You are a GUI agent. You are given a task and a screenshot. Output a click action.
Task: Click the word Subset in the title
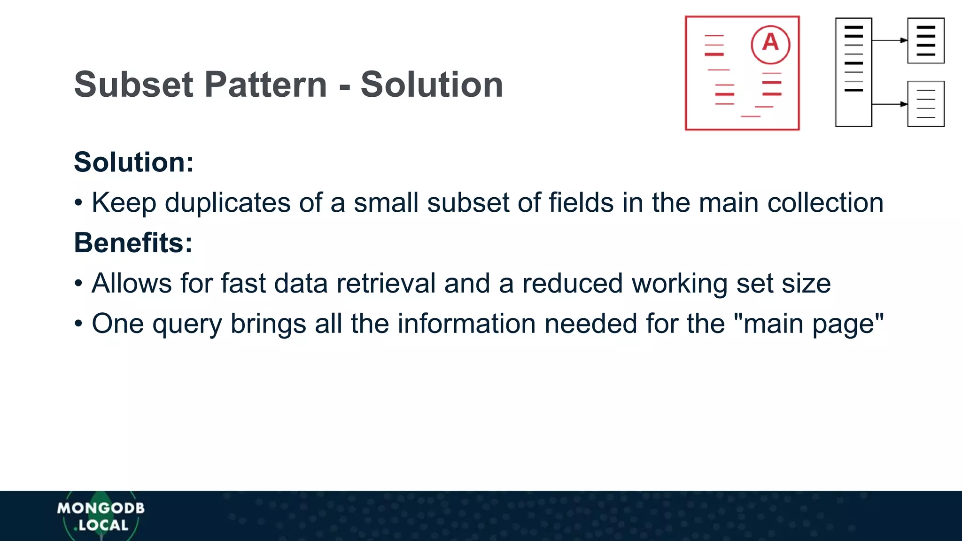pyautogui.click(x=133, y=85)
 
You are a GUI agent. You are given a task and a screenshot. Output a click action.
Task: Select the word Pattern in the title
pyautogui.click(x=266, y=85)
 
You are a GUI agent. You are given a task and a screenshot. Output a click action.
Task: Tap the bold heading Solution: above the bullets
pyautogui.click(x=134, y=162)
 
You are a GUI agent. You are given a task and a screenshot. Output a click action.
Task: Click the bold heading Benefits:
pyautogui.click(x=133, y=243)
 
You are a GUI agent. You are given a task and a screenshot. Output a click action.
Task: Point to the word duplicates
pyautogui.click(x=227, y=203)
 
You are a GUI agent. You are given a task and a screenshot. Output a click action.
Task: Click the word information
pyautogui.click(x=466, y=324)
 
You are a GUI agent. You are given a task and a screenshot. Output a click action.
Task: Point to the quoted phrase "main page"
pyautogui.click(x=808, y=324)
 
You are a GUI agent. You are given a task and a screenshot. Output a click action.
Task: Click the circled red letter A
pyautogui.click(x=770, y=44)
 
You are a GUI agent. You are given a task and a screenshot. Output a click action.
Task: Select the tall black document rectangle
pyautogui.click(x=853, y=72)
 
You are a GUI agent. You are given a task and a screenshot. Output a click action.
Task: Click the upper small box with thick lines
pyautogui.click(x=926, y=40)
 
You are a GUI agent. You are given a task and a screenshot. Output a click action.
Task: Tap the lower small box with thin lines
pyautogui.click(x=926, y=104)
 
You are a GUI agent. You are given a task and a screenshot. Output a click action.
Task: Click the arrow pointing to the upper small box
pyautogui.click(x=890, y=40)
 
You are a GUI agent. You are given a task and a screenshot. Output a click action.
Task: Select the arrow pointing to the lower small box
pyautogui.click(x=890, y=104)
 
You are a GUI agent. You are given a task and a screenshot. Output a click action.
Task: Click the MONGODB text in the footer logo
pyautogui.click(x=101, y=508)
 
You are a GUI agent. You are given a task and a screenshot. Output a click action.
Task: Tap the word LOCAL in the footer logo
pyautogui.click(x=103, y=525)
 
